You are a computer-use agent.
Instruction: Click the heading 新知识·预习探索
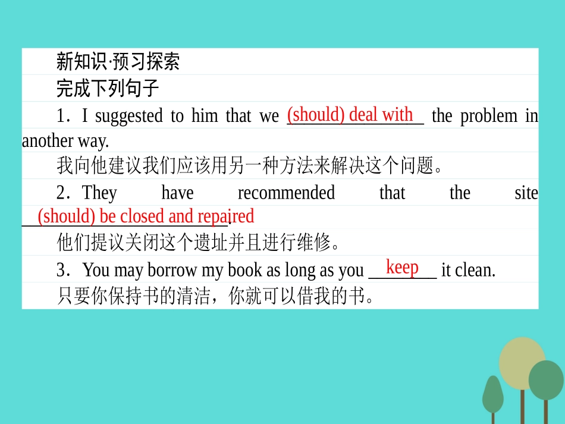[x=118, y=62]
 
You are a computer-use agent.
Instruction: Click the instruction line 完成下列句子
[x=108, y=88]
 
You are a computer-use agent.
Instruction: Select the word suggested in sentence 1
[x=129, y=116]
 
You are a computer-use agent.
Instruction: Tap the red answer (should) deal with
[x=350, y=114]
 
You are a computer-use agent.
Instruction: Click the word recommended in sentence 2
[x=286, y=193]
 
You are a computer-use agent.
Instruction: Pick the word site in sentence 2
[x=526, y=193]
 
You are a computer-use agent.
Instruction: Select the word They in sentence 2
[x=99, y=193]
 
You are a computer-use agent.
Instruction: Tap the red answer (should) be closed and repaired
[x=146, y=216]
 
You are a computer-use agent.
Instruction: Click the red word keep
[x=402, y=267]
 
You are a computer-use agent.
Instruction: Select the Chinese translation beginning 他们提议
[x=198, y=243]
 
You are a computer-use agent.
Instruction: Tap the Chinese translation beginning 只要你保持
[x=215, y=296]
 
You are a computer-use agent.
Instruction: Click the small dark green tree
[x=492, y=395]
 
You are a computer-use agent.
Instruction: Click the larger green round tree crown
[x=546, y=380]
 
